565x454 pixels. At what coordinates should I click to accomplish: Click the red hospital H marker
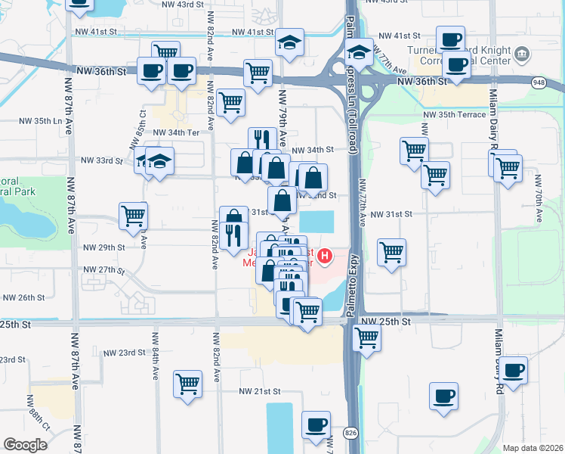[x=326, y=257]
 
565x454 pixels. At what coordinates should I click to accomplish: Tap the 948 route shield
[x=538, y=82]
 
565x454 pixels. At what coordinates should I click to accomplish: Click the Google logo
[x=25, y=445]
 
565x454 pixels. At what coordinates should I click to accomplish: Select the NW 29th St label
[x=103, y=247]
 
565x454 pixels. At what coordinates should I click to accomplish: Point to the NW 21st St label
[x=259, y=391]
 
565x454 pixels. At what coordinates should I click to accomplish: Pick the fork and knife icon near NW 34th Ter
[x=262, y=138]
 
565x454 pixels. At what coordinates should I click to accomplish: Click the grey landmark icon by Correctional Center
[x=522, y=54]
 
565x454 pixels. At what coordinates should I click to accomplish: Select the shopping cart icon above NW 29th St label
[x=133, y=215]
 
